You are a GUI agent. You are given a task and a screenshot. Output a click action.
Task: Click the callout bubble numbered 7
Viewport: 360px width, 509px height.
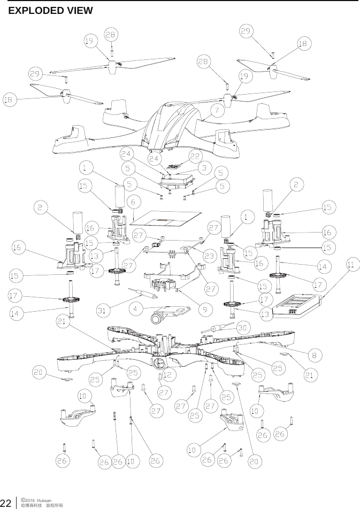[217, 111]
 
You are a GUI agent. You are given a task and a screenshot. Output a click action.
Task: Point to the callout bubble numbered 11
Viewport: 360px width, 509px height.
[352, 264]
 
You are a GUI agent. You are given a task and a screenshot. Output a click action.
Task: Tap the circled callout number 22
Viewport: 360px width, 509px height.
[195, 157]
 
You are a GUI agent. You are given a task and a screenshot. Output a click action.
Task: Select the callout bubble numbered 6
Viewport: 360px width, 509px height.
[134, 201]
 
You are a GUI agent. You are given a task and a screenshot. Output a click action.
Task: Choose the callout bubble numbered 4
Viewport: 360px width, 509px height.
[137, 309]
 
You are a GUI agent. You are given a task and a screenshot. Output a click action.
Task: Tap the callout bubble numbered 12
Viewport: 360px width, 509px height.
[167, 375]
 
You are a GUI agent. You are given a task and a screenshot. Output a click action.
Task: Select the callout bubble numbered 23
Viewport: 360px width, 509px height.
[209, 256]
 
